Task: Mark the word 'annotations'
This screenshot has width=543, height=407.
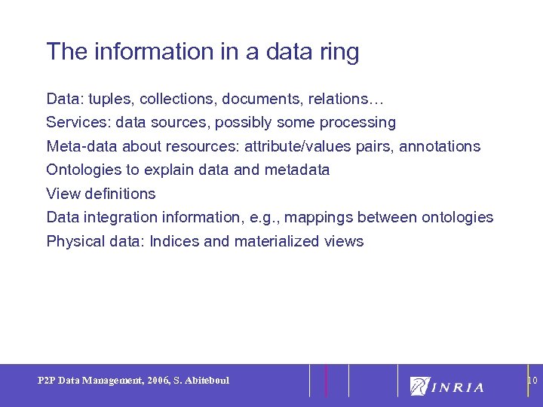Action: click(x=439, y=146)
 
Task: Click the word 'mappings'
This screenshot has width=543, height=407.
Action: click(x=319, y=218)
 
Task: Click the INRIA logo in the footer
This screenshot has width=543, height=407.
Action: click(x=446, y=386)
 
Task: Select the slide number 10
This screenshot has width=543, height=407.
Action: click(x=532, y=381)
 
